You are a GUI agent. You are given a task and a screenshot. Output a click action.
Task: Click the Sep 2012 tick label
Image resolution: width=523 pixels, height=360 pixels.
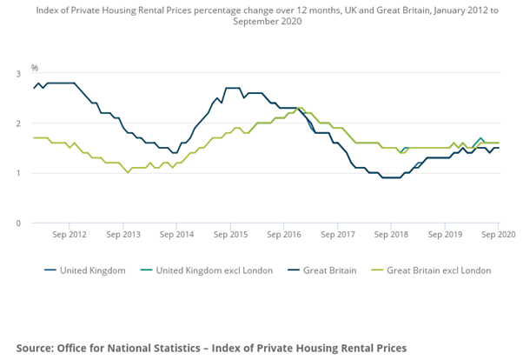click(x=70, y=235)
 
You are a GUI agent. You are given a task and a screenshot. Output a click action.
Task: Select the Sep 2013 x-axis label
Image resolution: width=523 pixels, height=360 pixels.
click(x=124, y=235)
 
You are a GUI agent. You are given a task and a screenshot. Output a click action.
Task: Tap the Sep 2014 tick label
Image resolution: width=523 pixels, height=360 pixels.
click(x=178, y=235)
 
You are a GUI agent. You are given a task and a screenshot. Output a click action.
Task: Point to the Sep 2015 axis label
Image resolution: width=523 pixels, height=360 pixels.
click(x=231, y=235)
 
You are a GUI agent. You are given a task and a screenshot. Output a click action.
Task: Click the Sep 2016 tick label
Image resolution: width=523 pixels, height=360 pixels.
click(x=284, y=235)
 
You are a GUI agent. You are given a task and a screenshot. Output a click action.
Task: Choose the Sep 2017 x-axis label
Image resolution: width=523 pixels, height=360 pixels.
click(x=338, y=235)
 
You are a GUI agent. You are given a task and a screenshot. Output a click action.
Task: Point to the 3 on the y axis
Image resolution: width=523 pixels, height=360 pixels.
click(x=18, y=74)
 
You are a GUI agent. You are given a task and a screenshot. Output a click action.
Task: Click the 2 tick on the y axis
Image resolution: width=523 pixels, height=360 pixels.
click(x=18, y=123)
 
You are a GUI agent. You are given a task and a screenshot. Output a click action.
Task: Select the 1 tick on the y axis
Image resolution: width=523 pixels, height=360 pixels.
click(x=18, y=173)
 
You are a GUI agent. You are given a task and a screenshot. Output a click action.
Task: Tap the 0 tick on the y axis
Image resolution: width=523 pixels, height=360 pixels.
click(x=18, y=223)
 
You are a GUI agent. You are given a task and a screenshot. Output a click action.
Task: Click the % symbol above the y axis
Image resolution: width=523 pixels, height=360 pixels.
click(x=35, y=68)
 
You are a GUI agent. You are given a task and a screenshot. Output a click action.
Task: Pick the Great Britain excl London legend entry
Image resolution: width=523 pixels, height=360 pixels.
click(x=438, y=270)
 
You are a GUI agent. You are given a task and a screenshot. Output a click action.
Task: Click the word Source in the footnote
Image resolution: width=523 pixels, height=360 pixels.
click(x=35, y=348)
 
